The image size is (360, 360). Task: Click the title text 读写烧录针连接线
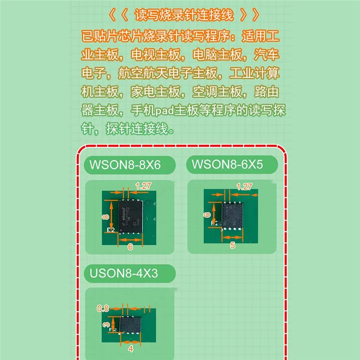click(184, 15)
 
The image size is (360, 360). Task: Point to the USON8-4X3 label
click(125, 273)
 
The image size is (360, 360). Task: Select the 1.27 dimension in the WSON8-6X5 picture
click(244, 186)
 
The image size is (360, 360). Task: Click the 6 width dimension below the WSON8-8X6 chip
click(130, 247)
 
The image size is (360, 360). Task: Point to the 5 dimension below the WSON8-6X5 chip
click(233, 245)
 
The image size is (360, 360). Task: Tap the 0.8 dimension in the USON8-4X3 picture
click(103, 308)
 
